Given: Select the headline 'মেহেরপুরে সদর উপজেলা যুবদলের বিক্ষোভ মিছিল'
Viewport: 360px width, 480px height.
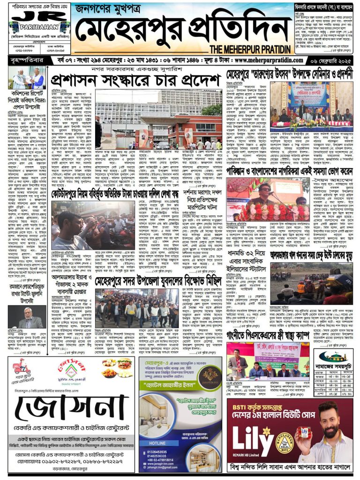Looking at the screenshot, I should click(x=136, y=283).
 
